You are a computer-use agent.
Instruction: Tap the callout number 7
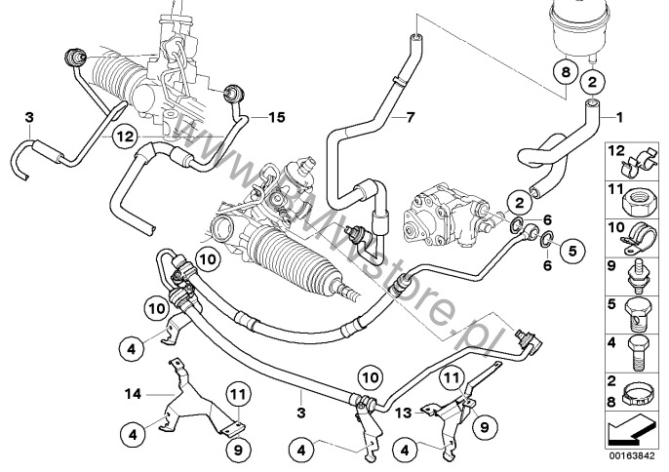410,117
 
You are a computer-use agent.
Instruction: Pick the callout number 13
402,413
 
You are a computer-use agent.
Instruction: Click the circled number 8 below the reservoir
562,70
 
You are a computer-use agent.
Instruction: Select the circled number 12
122,138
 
